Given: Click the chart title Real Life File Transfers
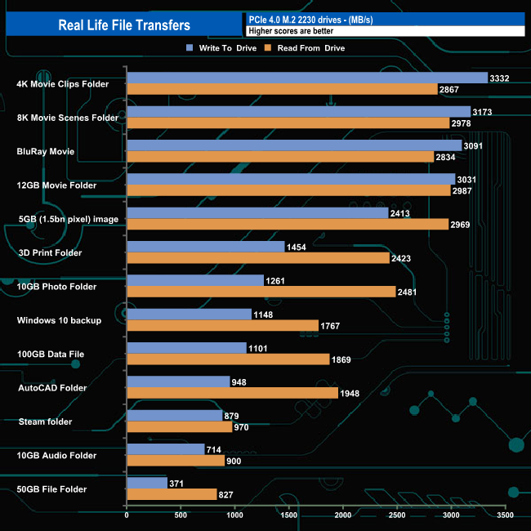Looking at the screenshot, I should (x=124, y=25).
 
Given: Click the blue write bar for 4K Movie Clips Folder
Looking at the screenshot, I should (x=306, y=78).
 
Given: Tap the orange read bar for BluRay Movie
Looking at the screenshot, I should (x=280, y=157).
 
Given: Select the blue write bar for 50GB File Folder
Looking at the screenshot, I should (x=147, y=483).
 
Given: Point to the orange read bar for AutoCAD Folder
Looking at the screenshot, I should (x=232, y=393).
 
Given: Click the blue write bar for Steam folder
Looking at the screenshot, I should (x=174, y=415).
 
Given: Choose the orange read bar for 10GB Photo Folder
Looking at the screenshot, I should (x=261, y=292).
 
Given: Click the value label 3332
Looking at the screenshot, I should (x=499, y=78).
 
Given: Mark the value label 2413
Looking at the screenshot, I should (x=400, y=213).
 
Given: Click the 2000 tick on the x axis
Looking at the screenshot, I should (x=343, y=515).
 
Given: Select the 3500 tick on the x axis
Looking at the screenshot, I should (x=505, y=515).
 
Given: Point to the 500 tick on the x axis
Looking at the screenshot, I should (x=181, y=515).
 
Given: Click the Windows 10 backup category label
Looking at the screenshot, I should (x=59, y=320).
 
